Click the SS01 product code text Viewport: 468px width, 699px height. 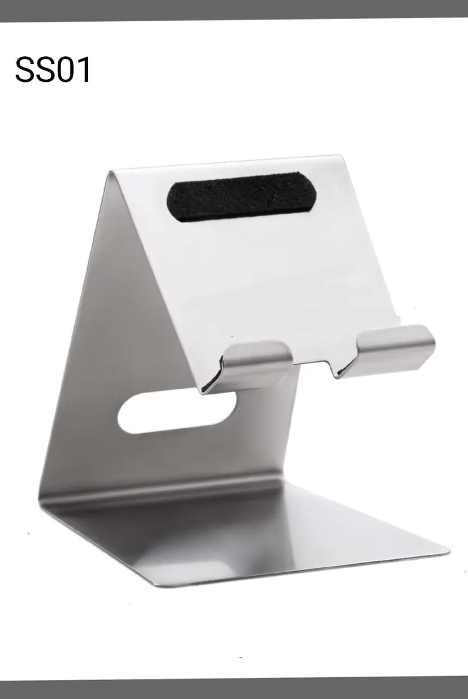[x=53, y=70]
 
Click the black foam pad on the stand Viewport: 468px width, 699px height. [x=241, y=197]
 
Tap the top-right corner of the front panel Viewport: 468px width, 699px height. [x=341, y=157]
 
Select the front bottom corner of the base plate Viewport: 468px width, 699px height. [x=158, y=585]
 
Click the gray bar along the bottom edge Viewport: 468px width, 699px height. [x=234, y=689]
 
